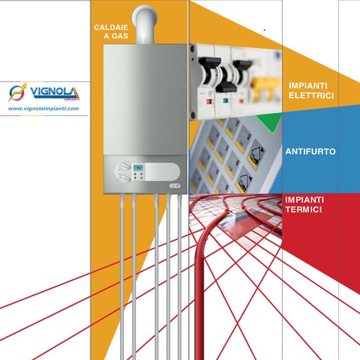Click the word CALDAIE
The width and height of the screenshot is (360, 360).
111,27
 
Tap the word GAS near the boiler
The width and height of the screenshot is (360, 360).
120,36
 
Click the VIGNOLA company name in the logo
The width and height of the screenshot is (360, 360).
54,92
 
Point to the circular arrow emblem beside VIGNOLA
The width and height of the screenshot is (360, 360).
17,91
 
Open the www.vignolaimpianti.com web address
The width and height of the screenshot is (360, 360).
43,109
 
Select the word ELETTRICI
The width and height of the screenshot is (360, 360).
311,96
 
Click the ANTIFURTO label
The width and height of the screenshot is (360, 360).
310,151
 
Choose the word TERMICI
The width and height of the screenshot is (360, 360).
304,210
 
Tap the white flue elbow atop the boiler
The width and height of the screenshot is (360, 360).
145,24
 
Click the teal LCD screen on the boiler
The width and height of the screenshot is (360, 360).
138,168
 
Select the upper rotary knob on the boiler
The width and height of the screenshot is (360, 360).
125,166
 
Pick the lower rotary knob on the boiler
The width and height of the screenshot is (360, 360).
125,177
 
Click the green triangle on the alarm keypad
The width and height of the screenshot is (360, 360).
269,121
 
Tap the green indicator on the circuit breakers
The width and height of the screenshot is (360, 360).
225,100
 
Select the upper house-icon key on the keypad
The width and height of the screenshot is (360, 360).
256,155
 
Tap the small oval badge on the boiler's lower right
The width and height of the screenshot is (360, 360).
175,186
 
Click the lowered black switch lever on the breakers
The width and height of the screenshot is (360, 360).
226,87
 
